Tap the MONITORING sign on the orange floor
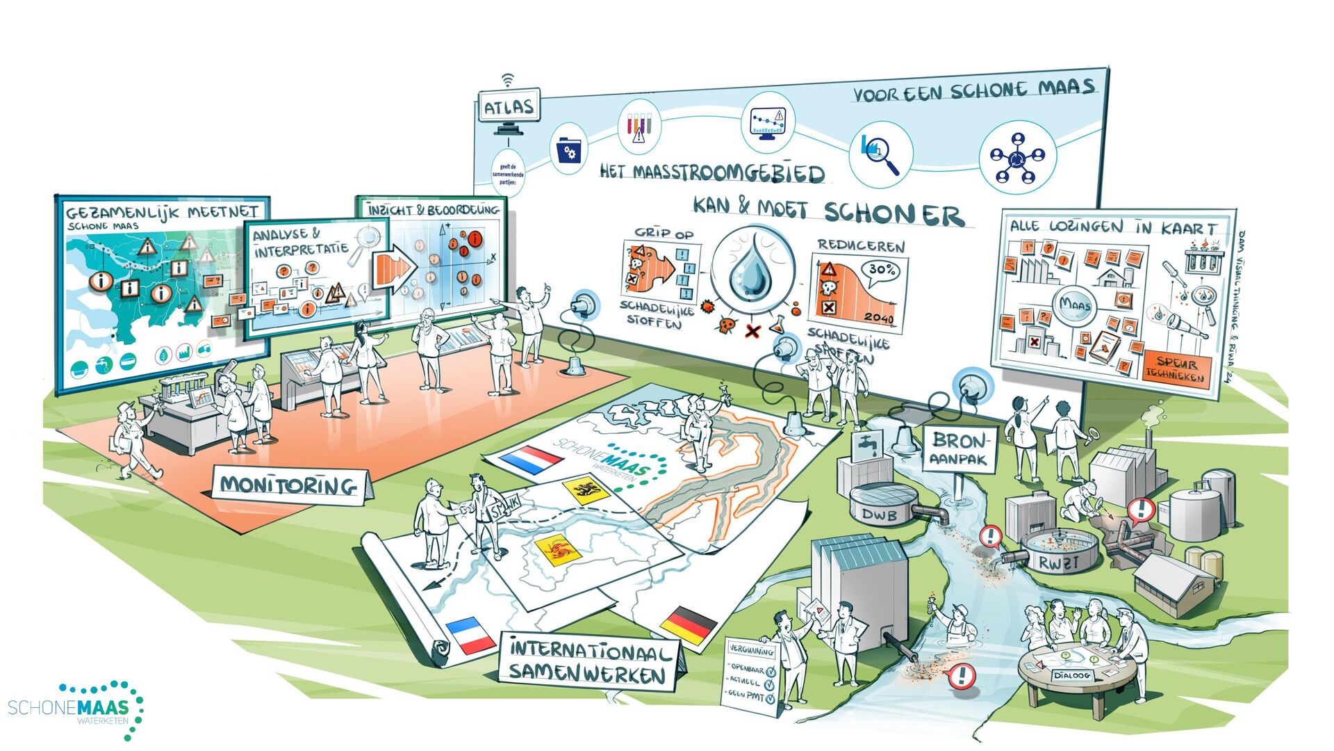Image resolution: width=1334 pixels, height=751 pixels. pos(289,485)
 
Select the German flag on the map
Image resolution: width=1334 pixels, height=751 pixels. pos(689,622)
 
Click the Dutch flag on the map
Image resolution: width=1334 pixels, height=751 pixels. pos(531,460)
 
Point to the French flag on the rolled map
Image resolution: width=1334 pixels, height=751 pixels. pos(469,635)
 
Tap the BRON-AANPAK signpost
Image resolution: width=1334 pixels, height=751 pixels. pos(960,449)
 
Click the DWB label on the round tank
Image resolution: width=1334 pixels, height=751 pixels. pos(880,515)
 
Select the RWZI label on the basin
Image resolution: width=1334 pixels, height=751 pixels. pos(1058,563)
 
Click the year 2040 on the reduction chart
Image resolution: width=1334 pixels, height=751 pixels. pos(879,318)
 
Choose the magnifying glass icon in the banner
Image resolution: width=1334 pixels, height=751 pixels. pos(880,153)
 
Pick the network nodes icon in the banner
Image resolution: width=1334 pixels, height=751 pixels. pos(1017,158)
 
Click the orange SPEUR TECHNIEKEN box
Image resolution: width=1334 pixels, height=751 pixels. pos(1176,368)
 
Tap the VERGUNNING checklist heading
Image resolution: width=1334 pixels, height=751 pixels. pos(751,650)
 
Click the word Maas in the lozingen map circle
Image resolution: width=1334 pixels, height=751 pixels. pos(1076,304)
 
